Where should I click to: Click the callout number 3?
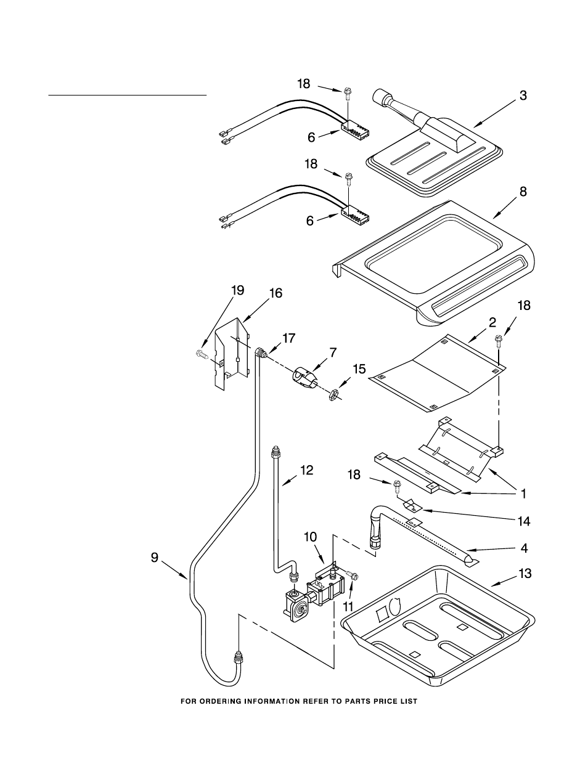[x=523, y=96]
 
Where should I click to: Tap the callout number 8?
[x=523, y=192]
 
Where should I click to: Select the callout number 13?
[x=524, y=574]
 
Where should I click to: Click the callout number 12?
[x=306, y=470]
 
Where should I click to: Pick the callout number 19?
[x=238, y=290]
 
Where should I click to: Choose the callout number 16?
[x=275, y=293]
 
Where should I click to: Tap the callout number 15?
[x=359, y=369]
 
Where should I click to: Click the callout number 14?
[x=523, y=521]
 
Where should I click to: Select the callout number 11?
[x=348, y=607]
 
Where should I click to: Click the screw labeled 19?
[x=202, y=354]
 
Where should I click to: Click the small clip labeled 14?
[x=410, y=505]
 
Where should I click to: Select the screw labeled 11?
[x=354, y=576]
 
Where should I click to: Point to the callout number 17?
[x=288, y=338]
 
